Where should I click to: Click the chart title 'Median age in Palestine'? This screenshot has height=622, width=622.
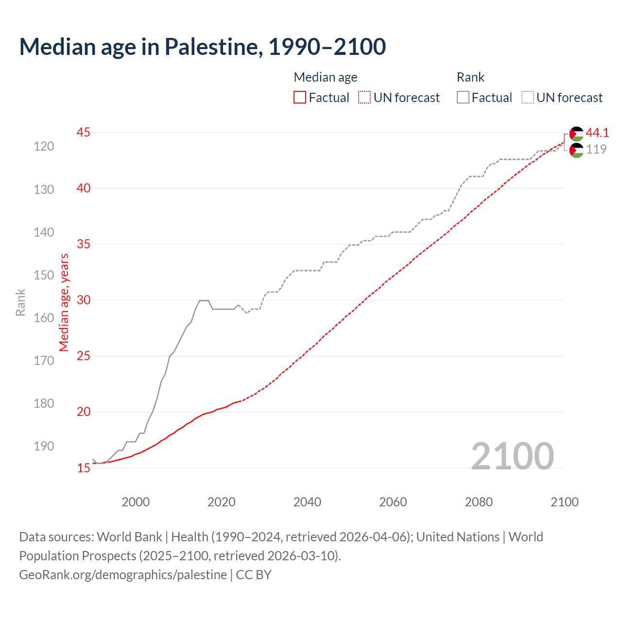(202, 47)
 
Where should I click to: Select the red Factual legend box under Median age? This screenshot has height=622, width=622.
(300, 98)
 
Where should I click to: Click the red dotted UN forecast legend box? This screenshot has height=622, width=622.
(364, 98)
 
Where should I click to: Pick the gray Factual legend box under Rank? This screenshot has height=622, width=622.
(463, 98)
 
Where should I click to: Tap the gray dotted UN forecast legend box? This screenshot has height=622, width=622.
(528, 98)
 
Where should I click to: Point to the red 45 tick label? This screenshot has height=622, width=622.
(84, 132)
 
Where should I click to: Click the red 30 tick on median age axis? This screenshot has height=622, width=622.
(84, 300)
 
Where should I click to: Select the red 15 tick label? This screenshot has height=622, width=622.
(84, 468)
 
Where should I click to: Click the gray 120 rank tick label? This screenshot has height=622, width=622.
(44, 146)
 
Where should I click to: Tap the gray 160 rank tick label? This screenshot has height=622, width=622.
(44, 318)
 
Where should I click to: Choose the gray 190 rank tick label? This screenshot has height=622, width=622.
(44, 446)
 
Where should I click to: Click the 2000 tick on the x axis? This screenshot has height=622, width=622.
(136, 502)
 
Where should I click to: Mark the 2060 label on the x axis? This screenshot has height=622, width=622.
(393, 502)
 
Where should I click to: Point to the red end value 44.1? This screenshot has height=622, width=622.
(597, 133)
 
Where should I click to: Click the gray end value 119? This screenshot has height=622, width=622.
(596, 149)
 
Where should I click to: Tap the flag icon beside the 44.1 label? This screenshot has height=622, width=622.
(576, 134)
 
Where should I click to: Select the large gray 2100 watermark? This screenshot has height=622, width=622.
(513, 456)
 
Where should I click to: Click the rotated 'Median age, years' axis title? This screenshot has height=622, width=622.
(64, 302)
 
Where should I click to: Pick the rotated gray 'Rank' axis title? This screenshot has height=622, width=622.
(20, 302)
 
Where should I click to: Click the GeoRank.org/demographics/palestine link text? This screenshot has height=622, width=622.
(123, 575)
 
